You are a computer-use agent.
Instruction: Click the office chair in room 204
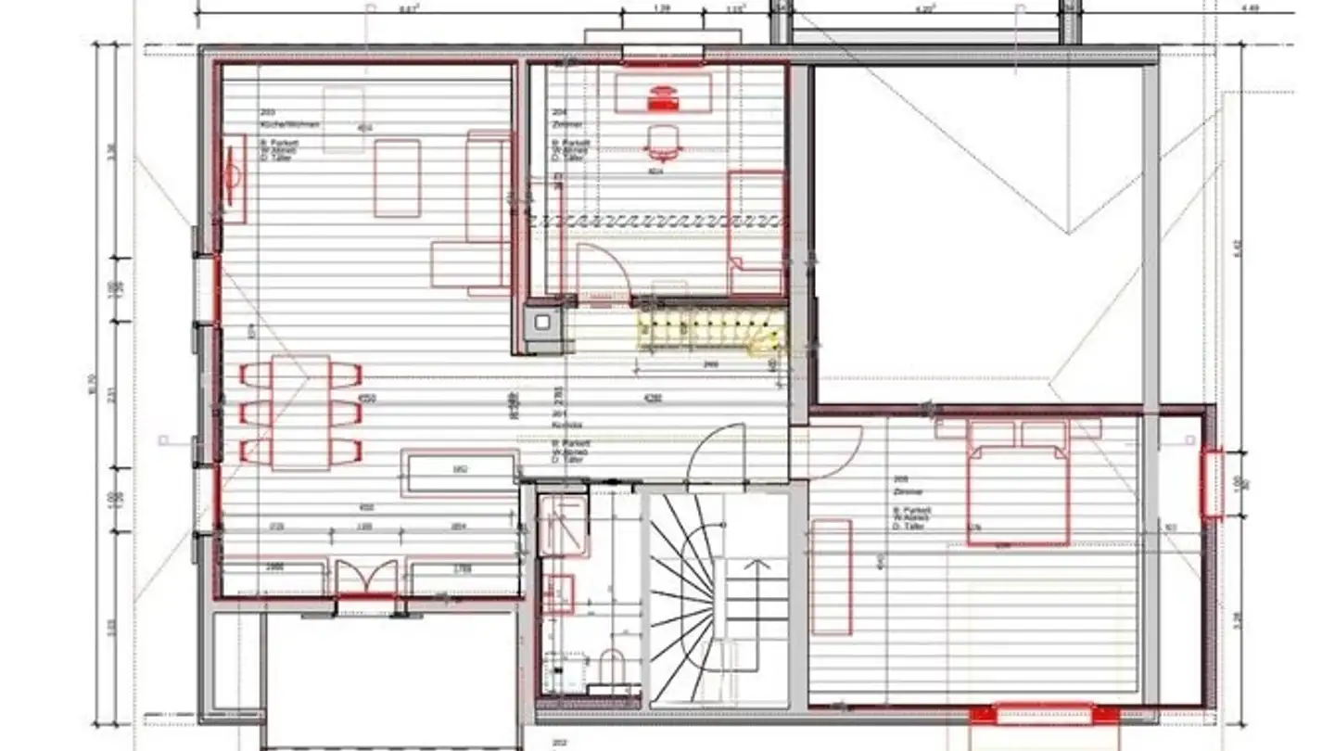[x=661, y=142]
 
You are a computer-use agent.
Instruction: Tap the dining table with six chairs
[x=301, y=412]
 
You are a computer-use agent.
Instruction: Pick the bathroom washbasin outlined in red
[x=558, y=593]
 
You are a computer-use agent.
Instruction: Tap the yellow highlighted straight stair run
[x=709, y=329]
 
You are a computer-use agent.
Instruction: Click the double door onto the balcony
[x=365, y=579]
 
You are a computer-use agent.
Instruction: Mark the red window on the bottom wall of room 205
[x=1043, y=714]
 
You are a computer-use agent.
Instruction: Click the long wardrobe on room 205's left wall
[x=832, y=577]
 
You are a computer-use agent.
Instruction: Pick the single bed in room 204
[x=756, y=232]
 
